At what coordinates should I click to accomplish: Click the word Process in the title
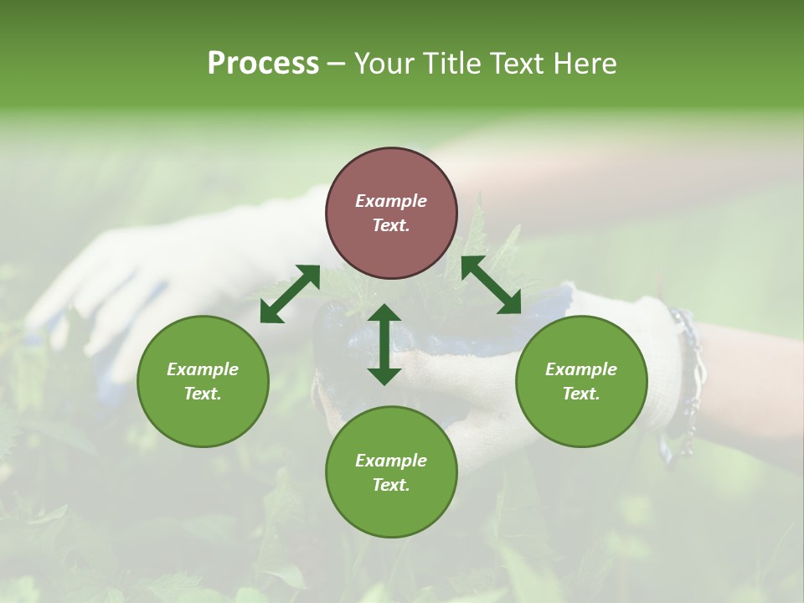tap(263, 64)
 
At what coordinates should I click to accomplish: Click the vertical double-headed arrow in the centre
tap(384, 344)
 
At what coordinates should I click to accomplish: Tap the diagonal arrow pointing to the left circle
tap(290, 293)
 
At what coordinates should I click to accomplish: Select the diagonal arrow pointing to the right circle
tap(492, 286)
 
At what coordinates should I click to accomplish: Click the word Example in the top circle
tap(391, 201)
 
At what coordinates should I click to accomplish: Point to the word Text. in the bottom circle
tap(391, 485)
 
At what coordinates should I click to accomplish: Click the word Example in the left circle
tap(203, 369)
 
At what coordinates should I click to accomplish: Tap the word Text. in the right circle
tap(581, 394)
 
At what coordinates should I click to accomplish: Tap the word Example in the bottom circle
tap(391, 461)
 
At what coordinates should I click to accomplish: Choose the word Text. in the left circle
tap(203, 394)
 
